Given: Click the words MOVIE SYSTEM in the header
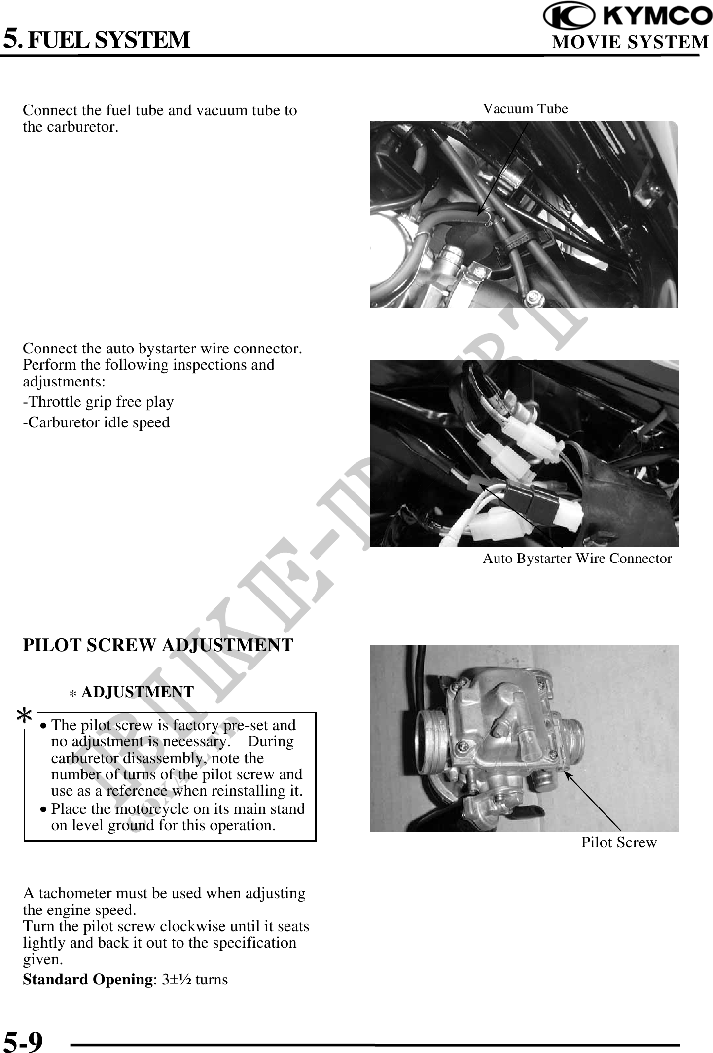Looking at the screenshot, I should [630, 43].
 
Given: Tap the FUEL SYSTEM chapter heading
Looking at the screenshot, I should [108, 40].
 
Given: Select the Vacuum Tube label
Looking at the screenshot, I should [525, 109].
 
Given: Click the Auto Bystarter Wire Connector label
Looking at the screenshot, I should [577, 559].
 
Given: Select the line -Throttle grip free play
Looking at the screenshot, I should [98, 402].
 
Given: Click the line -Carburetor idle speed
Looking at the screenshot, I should [96, 422].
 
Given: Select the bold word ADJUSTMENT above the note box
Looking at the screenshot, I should [138, 692].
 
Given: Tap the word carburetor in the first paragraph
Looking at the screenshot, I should [68, 127].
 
